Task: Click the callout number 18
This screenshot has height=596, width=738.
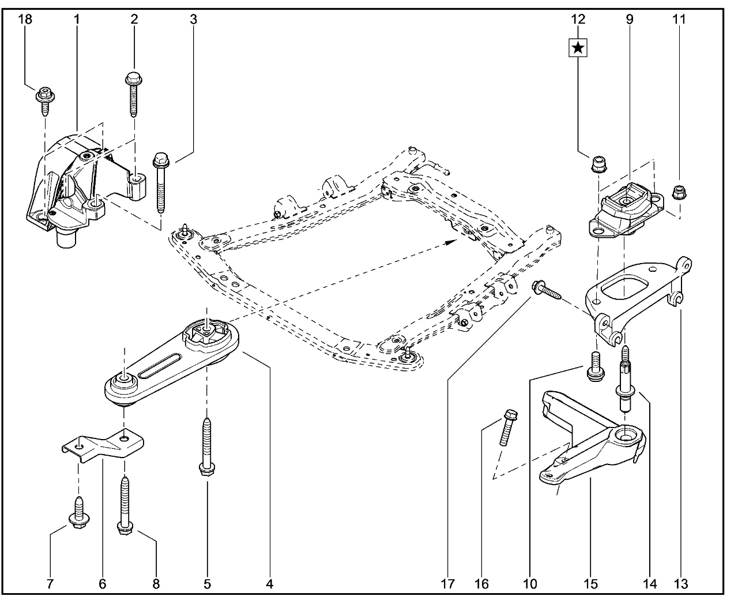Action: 25,19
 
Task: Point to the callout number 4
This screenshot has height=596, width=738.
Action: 269,583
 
